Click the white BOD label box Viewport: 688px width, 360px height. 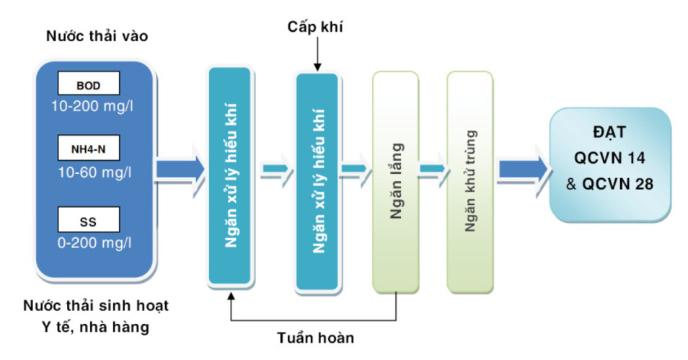pos(89,84)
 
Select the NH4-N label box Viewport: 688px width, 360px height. pos(89,148)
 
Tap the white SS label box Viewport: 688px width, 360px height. pos(89,219)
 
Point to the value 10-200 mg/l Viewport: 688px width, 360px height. pos(92,106)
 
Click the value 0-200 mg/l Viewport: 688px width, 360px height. pos(94,243)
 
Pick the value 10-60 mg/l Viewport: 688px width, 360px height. pos(94,172)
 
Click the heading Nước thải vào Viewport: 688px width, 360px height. pos(97,36)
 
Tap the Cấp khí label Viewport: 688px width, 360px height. pos(315,27)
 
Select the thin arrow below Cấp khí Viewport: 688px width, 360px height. pos(317,53)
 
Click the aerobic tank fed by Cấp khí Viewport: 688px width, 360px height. pos(317,182)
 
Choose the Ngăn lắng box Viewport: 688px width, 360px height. pos(396,182)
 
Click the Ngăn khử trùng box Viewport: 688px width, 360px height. pos(470,182)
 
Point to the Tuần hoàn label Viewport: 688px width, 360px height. pos(315,338)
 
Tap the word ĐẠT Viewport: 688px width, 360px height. pos(609,132)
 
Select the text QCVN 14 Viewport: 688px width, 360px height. pos(609,157)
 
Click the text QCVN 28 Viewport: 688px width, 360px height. pos(617,184)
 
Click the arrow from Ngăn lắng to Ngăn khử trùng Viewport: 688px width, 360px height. pos(433,169)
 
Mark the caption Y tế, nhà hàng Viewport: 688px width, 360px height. pos(96,327)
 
